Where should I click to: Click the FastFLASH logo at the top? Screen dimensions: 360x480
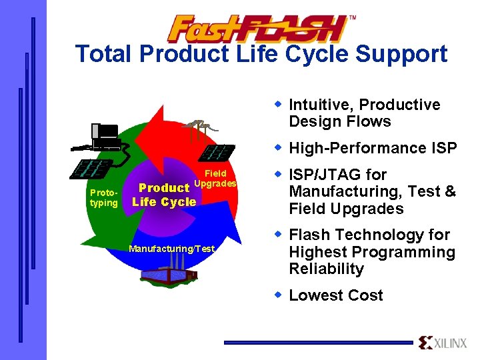(x=257, y=29)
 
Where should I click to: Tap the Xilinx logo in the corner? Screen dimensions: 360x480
(x=441, y=343)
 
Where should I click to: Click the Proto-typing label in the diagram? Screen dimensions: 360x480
(x=103, y=198)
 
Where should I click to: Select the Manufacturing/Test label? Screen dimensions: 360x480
(x=171, y=249)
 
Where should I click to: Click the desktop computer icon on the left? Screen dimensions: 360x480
(x=105, y=137)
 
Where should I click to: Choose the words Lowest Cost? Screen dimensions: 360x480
(x=336, y=295)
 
